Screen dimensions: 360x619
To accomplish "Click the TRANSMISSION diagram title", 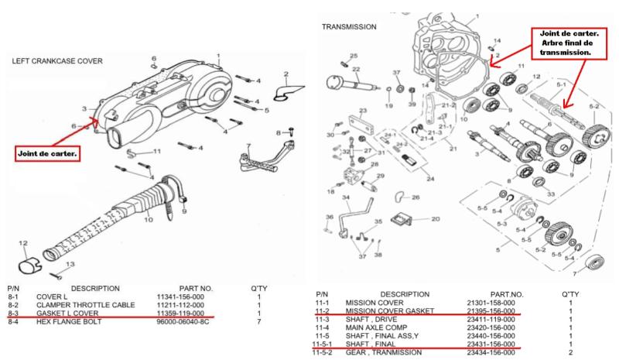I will [349, 26].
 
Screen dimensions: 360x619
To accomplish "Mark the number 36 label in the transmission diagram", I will [329, 217].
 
